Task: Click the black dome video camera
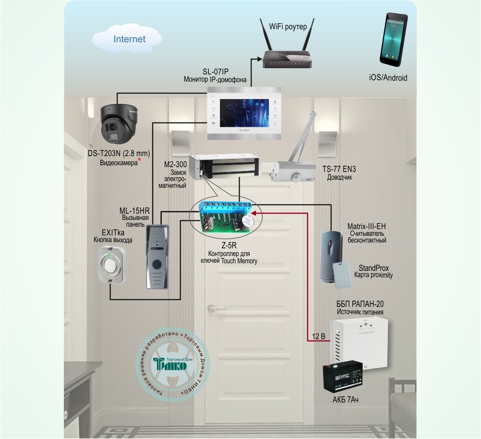coord(119,124)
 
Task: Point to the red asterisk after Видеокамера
coord(139,159)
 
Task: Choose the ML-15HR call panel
coord(156,256)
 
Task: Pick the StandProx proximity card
coord(344,275)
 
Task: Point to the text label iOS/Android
coord(388,77)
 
